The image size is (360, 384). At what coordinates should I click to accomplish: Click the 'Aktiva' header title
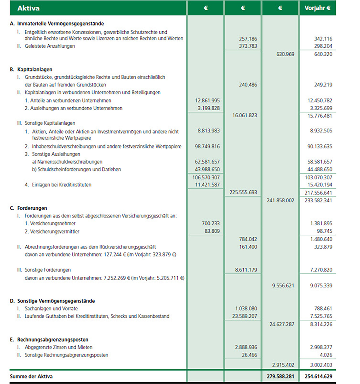point(28,8)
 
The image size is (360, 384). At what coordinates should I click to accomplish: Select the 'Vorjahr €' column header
point(317,8)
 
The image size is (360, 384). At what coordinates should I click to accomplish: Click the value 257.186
point(248,39)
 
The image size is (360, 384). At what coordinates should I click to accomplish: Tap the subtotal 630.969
point(285,54)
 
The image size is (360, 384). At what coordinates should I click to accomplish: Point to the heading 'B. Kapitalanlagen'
point(31,69)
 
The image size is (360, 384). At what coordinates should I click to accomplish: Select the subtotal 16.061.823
point(245,115)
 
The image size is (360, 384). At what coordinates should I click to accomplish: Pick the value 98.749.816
point(207,146)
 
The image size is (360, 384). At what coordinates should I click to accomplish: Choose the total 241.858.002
point(281,200)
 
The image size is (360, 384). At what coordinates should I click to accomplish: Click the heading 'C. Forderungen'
point(28,208)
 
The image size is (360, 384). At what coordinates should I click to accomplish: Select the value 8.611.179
point(246,270)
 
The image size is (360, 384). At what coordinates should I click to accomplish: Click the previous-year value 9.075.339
point(321,286)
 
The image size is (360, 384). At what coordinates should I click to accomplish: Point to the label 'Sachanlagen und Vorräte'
point(51,308)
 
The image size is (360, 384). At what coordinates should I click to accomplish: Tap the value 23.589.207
point(245,316)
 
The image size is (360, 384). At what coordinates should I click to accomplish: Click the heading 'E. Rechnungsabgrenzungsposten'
point(49,340)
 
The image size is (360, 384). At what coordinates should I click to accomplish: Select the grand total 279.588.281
point(281,377)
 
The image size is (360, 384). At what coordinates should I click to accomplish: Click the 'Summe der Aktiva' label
point(31,377)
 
